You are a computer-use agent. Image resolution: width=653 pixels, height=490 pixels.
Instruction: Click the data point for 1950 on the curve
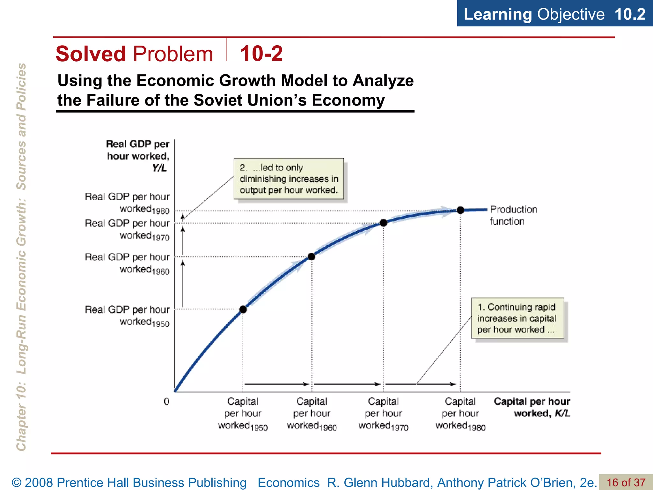(x=243, y=309)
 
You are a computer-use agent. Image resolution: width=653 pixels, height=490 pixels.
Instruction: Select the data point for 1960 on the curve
(x=312, y=256)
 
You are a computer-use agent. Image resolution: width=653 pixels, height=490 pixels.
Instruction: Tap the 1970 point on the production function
(x=384, y=223)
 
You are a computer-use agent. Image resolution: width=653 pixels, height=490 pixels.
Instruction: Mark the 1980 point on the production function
(x=460, y=210)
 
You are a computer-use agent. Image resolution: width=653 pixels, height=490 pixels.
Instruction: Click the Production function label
(x=513, y=215)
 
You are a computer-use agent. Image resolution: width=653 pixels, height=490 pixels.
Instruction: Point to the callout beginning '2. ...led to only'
(x=289, y=179)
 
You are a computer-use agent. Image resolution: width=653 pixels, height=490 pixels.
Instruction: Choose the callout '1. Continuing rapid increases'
(x=517, y=318)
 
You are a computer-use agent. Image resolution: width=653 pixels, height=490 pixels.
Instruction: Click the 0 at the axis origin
(x=166, y=401)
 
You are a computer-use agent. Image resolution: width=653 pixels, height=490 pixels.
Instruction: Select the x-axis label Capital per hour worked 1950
(x=243, y=413)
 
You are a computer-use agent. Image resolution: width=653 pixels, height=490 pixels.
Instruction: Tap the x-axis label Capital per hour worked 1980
(x=460, y=413)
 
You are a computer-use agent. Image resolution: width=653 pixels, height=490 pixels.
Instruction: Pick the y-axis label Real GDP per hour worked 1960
(x=127, y=263)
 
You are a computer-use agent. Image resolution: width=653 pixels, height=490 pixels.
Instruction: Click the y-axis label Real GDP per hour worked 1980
(x=127, y=203)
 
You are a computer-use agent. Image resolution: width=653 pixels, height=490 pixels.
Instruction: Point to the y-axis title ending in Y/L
(x=138, y=156)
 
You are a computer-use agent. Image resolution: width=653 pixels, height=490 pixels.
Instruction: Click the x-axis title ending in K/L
(x=532, y=407)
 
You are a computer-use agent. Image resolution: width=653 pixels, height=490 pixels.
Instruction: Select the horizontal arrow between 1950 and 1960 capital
(x=276, y=384)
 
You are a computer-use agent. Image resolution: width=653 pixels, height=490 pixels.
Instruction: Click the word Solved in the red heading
(x=91, y=54)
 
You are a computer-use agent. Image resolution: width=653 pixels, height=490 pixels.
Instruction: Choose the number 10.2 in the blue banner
(x=630, y=14)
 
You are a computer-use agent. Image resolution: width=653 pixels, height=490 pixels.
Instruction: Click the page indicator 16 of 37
(x=626, y=482)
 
